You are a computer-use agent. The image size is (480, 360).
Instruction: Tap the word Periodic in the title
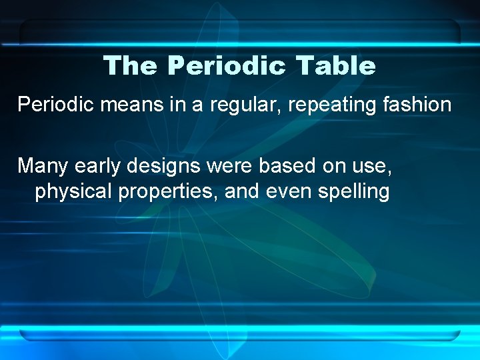[x=227, y=66]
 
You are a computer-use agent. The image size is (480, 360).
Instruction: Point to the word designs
[x=167, y=165]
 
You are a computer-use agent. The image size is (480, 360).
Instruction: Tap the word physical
[x=73, y=192]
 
